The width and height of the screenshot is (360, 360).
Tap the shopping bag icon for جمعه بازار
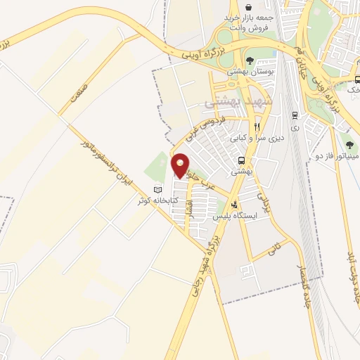pyautogui.click(x=248, y=8)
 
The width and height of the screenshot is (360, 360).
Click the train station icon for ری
pyautogui.click(x=294, y=114)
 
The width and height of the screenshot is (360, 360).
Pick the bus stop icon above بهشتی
pyautogui.click(x=241, y=160)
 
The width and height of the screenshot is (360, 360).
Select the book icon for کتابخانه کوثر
pyautogui.click(x=158, y=190)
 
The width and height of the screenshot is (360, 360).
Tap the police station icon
pyautogui.click(x=244, y=205)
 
